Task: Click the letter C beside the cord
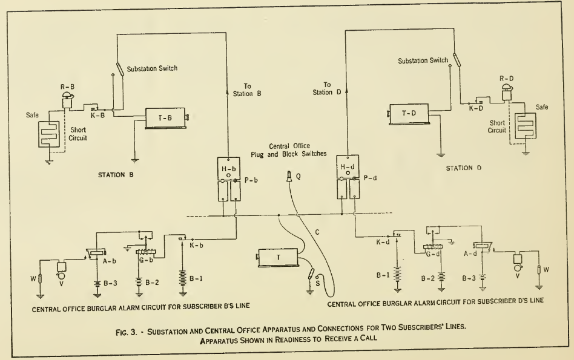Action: tap(318, 231)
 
